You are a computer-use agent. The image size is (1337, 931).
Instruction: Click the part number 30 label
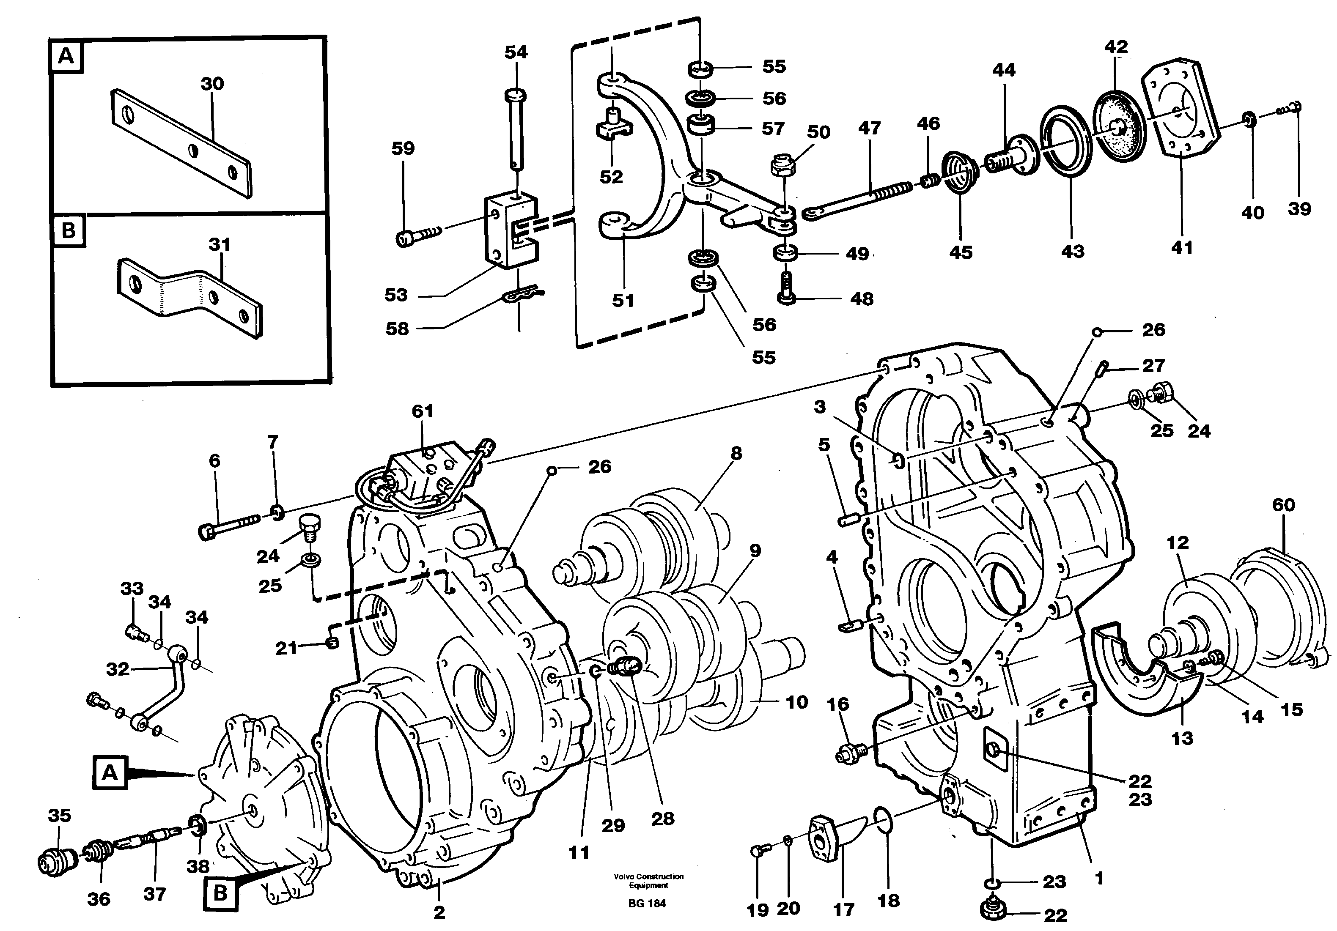tap(212, 84)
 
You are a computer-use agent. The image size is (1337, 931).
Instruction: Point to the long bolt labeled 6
tap(230, 524)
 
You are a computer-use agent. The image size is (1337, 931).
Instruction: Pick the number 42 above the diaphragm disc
tap(1116, 47)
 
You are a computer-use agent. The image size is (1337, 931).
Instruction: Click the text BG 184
tap(647, 903)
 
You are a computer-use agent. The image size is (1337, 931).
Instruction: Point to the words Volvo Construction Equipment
tap(648, 880)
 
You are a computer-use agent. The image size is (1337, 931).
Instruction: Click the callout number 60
tap(1283, 505)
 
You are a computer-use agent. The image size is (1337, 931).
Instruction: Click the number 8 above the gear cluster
tap(736, 453)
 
